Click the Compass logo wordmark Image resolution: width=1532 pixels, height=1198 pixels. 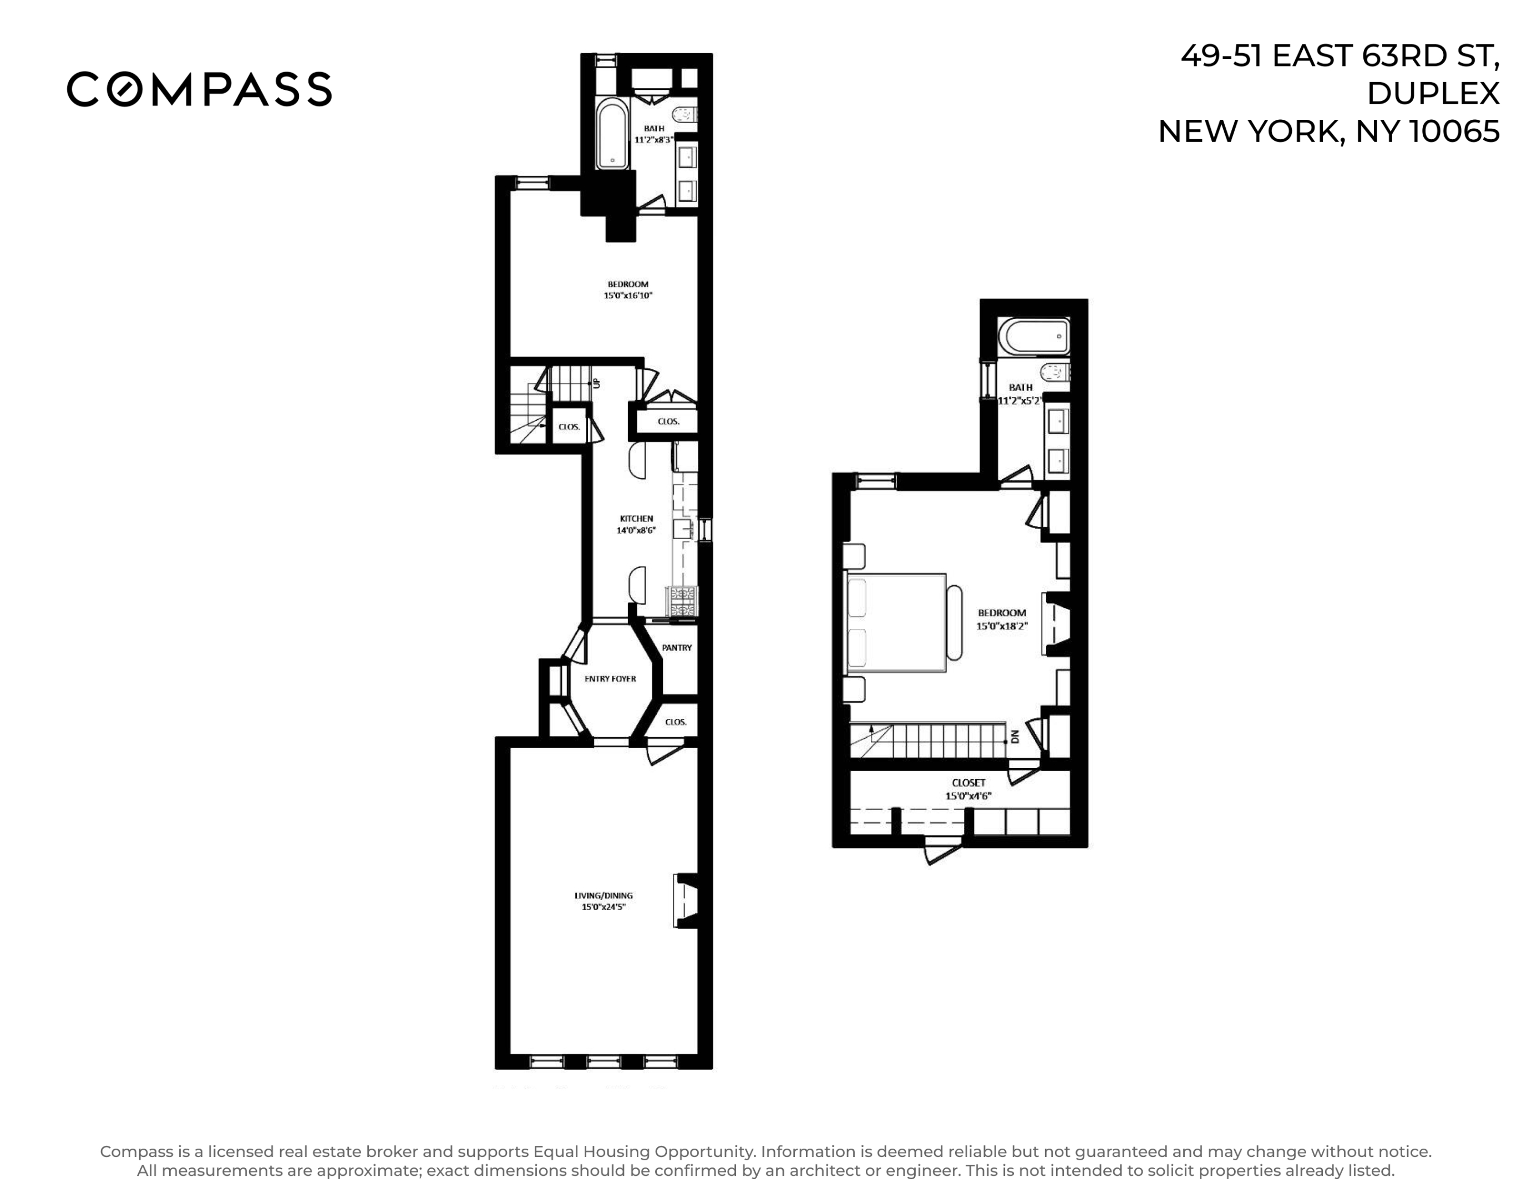click(199, 89)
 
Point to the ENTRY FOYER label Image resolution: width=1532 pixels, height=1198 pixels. click(610, 678)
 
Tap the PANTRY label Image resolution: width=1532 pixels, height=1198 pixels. click(676, 647)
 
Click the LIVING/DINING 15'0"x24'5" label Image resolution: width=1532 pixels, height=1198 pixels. click(603, 901)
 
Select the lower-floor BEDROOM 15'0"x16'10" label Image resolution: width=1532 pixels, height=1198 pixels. click(628, 290)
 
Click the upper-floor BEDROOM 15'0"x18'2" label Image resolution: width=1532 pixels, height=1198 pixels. click(1002, 618)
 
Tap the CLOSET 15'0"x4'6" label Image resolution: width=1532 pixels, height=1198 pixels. click(968, 788)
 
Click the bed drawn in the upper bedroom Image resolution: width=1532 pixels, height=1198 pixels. click(896, 622)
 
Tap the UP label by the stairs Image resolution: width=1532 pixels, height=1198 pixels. click(597, 383)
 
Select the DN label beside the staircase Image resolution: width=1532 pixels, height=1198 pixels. click(1014, 737)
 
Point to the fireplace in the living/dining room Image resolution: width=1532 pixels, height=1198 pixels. click(687, 900)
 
